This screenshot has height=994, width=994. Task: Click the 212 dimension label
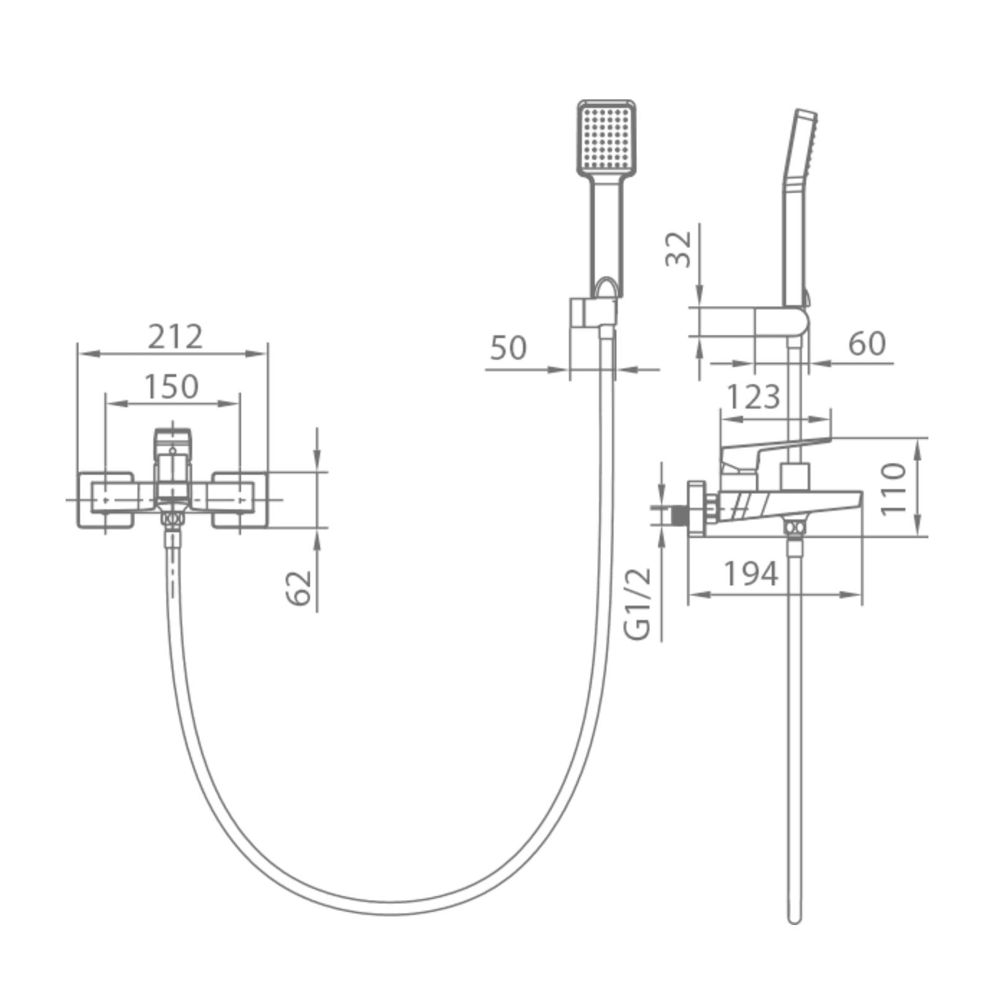[x=175, y=337]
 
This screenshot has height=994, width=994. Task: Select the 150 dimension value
[x=171, y=386]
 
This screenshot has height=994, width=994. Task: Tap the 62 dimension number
[x=298, y=587]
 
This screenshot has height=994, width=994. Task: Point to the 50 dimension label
[x=508, y=348]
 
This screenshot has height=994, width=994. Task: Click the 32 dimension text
[x=678, y=249]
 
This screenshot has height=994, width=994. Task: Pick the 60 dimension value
[x=867, y=344]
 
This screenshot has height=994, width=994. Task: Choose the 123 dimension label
[x=753, y=397]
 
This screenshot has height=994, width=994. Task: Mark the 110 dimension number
[x=893, y=488]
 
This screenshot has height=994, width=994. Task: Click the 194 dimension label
[x=750, y=573]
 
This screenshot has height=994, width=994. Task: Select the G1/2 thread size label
[x=637, y=603]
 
